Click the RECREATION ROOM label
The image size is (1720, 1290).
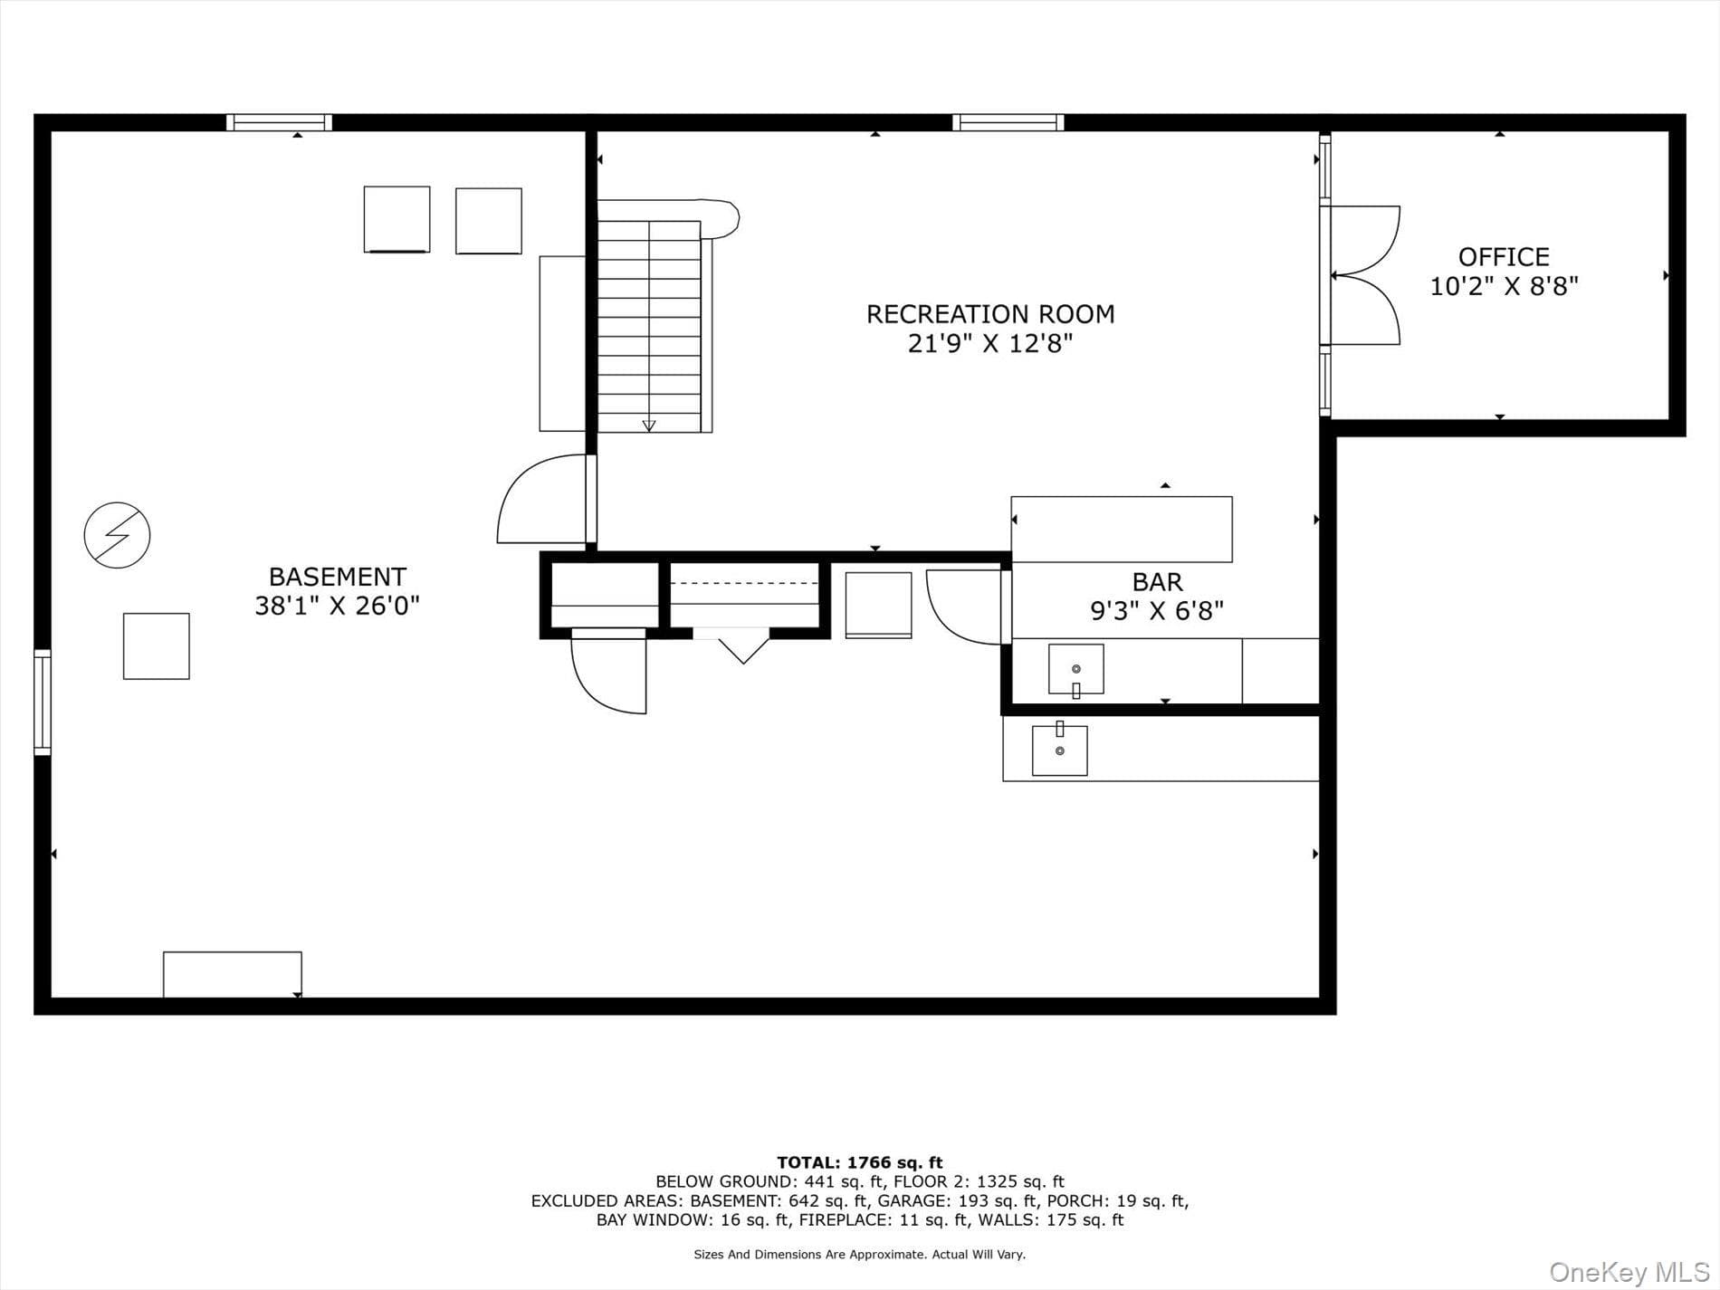[x=990, y=314]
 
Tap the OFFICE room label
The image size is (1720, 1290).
[x=1504, y=256]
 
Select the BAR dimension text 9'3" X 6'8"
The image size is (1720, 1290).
[x=1157, y=611]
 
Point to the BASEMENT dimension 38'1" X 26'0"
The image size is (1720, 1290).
[x=337, y=606]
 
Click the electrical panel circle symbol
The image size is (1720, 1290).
[x=117, y=535]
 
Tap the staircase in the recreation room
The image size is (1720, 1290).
[x=650, y=326]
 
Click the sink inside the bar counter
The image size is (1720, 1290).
[x=1075, y=670]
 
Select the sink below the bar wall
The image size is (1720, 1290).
[x=1059, y=750]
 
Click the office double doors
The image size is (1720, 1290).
[x=1364, y=275]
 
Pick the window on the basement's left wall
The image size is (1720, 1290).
[x=43, y=702]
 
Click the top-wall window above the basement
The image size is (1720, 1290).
[x=279, y=123]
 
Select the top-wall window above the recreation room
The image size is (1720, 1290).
[x=1008, y=123]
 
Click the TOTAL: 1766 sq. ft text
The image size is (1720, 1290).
[x=859, y=1162]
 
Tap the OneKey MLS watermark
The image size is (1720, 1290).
[x=1629, y=1272]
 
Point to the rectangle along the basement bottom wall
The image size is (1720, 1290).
[x=232, y=975]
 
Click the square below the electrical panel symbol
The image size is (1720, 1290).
[x=157, y=646]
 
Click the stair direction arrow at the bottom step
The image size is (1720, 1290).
[x=649, y=425]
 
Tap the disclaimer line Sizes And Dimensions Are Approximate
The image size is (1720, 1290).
[x=859, y=1255]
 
